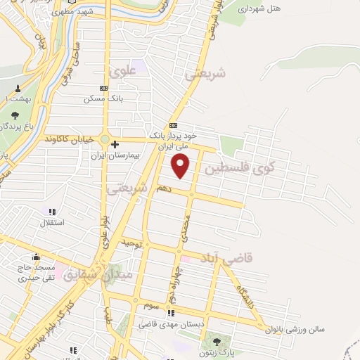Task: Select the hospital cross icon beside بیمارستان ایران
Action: pyautogui.click(x=115, y=144)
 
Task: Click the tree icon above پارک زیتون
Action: pyautogui.click(x=209, y=342)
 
